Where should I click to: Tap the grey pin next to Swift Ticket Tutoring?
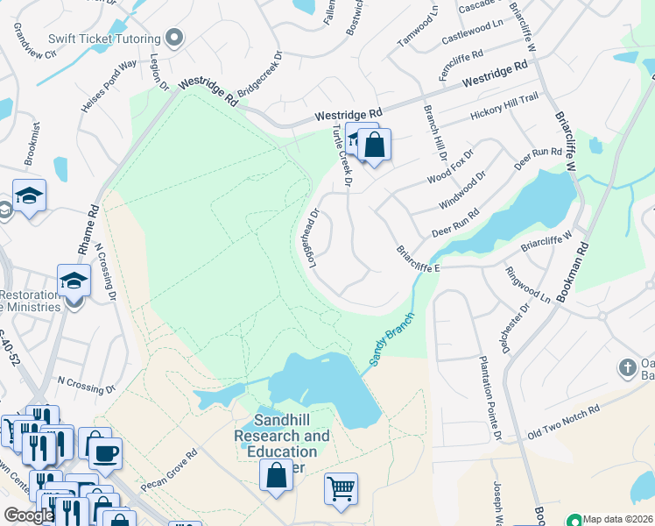tap(174, 38)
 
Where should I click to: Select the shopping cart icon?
tap(341, 488)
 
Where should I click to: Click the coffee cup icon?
tap(106, 453)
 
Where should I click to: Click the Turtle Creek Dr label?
tap(341, 156)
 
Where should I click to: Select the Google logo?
tap(29, 515)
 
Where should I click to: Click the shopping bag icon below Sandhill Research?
tap(277, 475)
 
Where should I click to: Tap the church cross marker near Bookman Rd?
tap(627, 366)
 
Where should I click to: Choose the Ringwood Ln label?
tap(528, 285)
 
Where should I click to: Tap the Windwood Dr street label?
tap(461, 191)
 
